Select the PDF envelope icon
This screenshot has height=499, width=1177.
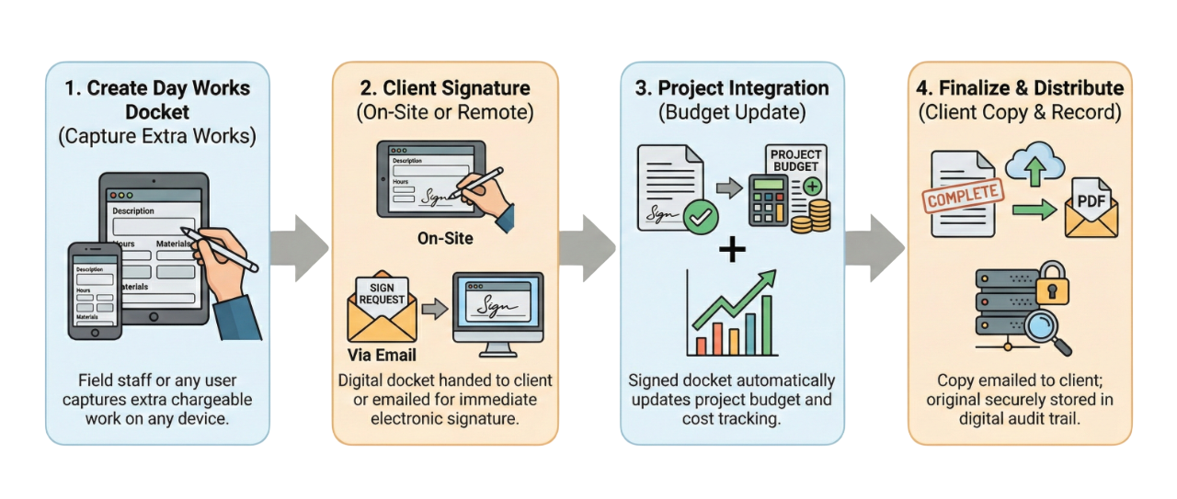click(1091, 207)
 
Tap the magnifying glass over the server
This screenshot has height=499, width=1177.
click(1042, 331)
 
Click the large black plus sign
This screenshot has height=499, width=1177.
click(732, 249)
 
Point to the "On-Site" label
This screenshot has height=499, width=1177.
click(445, 238)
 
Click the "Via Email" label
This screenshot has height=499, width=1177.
click(382, 355)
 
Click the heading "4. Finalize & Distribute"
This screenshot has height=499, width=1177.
click(1021, 88)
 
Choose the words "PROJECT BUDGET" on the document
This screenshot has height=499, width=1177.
click(795, 161)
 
